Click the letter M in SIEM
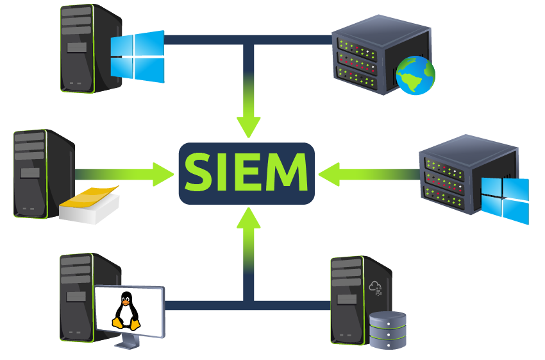click(287, 172)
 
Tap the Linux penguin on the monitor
click(126, 310)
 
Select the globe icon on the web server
click(415, 76)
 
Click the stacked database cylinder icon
click(387, 330)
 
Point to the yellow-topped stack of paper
click(89, 205)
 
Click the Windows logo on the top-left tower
click(137, 56)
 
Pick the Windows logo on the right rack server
click(505, 200)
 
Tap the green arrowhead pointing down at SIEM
click(249, 127)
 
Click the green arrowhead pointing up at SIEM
click(249, 218)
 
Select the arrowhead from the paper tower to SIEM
click(163, 174)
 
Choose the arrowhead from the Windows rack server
click(329, 175)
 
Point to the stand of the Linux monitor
click(127, 342)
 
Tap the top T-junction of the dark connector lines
click(249, 40)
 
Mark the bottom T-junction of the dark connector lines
click(249, 305)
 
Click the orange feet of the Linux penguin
click(126, 325)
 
